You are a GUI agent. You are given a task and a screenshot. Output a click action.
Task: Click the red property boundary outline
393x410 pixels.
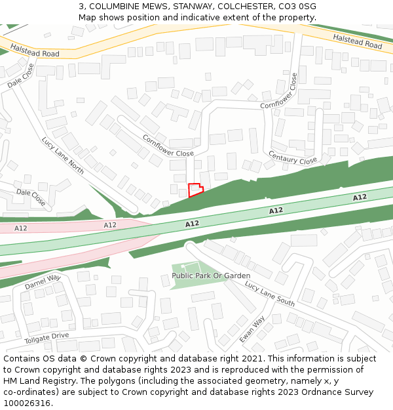click(x=195, y=190)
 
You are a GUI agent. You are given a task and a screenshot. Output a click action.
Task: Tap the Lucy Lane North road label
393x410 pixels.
click(x=63, y=155)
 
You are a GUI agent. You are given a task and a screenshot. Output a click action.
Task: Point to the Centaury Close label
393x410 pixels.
click(x=293, y=157)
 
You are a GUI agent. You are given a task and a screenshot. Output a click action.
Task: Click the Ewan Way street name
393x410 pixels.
click(x=252, y=329)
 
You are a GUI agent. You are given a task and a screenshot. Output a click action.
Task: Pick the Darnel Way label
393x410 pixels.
click(x=43, y=282)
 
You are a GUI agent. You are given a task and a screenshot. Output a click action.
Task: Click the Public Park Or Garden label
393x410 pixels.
click(x=211, y=276)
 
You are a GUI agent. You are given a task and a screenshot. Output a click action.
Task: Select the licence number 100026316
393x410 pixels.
click(x=28, y=403)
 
